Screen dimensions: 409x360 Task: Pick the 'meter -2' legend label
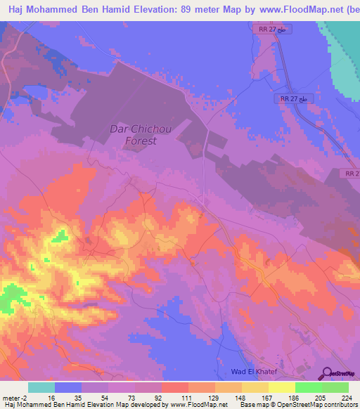click(x=15, y=397)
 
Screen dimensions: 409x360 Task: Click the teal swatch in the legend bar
click(x=41, y=387)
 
